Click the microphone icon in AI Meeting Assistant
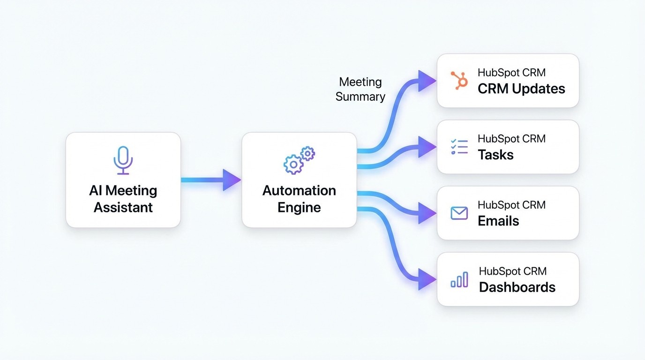pos(123,160)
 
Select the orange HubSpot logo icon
pos(459,81)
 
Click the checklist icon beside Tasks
pos(459,147)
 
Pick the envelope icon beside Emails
pos(459,213)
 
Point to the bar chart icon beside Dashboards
pos(459,279)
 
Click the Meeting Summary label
pos(360,90)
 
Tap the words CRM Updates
pos(521,89)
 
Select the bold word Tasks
pos(495,155)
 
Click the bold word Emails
pos(498,221)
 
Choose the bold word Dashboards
pos(517,287)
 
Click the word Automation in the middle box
pos(299,191)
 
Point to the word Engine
pos(299,207)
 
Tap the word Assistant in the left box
pos(123,207)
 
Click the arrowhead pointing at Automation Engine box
pos(232,180)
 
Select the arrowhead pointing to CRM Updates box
pos(427,81)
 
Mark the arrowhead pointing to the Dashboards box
pos(427,279)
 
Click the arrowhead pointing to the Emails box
pos(427,213)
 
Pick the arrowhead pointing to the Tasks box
pos(427,147)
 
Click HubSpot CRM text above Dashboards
pos(512,271)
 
